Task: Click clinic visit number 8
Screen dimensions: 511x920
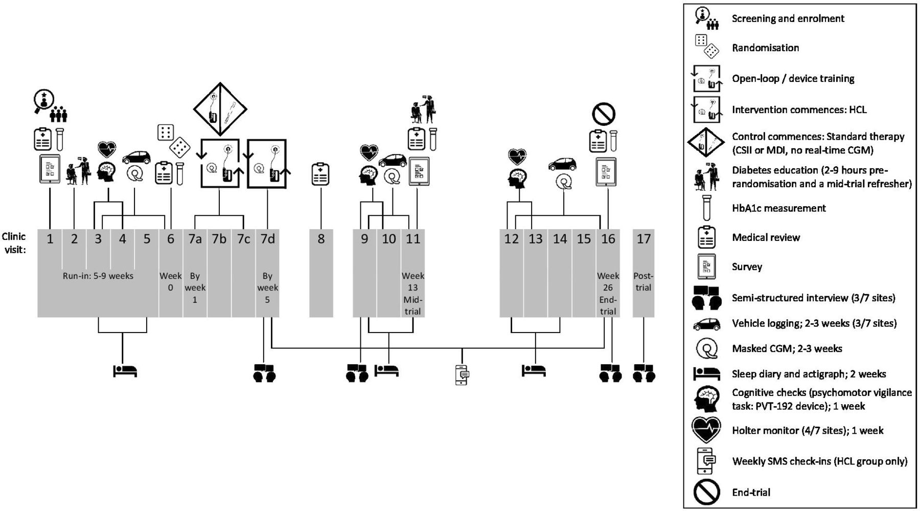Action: click(321, 238)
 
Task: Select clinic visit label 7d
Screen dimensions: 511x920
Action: click(267, 238)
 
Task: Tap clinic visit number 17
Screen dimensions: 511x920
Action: click(643, 238)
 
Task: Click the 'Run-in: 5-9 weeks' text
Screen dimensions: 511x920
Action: click(98, 276)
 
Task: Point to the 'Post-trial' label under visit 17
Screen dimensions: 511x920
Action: click(643, 281)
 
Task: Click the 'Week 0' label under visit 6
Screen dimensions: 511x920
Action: click(170, 281)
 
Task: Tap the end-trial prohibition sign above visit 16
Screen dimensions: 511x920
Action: click(603, 114)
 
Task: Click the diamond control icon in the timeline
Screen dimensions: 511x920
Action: click(220, 109)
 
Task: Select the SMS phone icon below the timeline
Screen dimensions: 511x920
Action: click(462, 374)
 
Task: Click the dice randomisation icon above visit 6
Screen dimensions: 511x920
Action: click(173, 140)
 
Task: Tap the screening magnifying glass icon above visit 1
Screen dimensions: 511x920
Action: click(44, 101)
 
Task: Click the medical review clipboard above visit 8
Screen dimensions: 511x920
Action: click(320, 174)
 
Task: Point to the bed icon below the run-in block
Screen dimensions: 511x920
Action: click(125, 370)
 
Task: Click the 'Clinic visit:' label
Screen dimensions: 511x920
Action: click(14, 243)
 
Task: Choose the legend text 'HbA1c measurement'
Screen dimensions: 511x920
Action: click(778, 208)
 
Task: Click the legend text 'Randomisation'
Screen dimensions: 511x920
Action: click(765, 48)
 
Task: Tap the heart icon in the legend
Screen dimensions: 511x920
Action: click(706, 430)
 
